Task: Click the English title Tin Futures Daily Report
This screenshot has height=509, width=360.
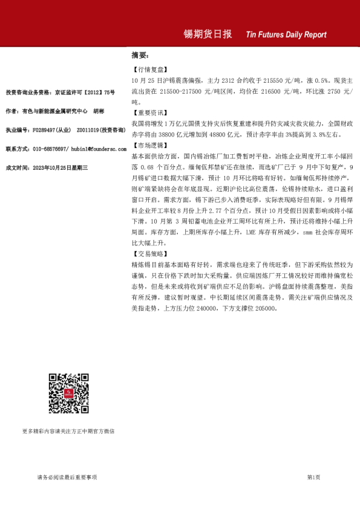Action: (286, 34)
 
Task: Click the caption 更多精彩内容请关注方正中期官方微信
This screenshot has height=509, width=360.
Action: (68, 432)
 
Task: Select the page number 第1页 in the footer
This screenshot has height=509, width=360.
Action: (313, 478)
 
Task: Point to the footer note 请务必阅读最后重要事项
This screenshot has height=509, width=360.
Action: (67, 478)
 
